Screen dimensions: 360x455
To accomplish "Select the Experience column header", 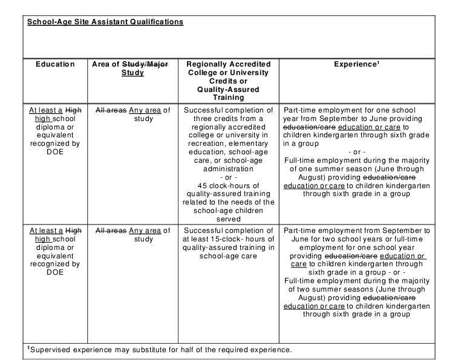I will point(356,64).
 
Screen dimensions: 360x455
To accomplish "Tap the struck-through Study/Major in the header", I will point(146,64).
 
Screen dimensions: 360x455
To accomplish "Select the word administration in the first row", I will point(228,169).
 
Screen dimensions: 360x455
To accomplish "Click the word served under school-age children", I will point(228,218).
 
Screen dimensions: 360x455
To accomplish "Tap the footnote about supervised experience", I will point(160,350).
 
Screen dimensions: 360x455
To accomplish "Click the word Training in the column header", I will point(228,97).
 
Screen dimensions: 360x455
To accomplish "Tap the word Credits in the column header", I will point(228,80).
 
